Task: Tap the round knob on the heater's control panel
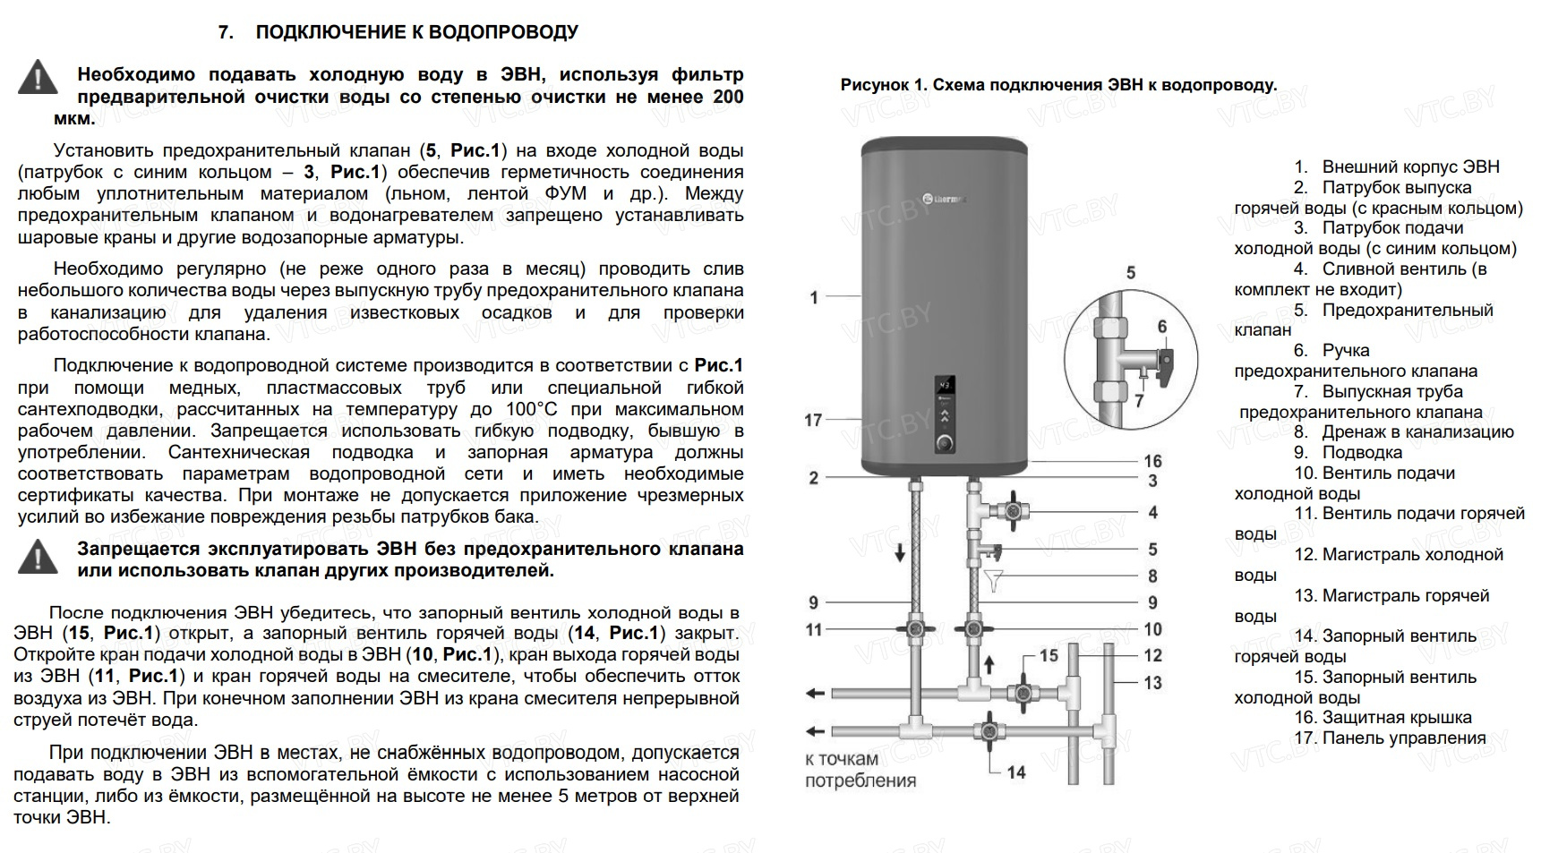coord(945,443)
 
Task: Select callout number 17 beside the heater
coord(813,420)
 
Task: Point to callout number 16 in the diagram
coord(1152,461)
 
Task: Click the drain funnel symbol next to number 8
coord(992,580)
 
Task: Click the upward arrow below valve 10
coord(989,665)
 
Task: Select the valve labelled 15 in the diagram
coord(1019,694)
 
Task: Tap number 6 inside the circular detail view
coord(1162,327)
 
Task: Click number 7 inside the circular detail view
coord(1139,400)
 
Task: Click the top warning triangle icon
coord(38,77)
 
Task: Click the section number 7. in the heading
coord(226,32)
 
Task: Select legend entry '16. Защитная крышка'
coord(1383,717)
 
